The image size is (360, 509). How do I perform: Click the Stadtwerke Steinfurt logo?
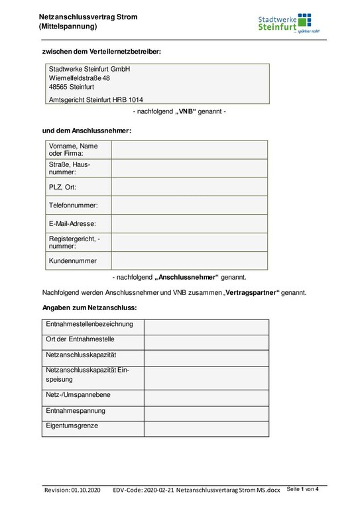284,23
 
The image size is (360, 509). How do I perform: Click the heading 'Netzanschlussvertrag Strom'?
88,17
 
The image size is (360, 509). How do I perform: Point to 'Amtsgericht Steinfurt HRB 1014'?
95,100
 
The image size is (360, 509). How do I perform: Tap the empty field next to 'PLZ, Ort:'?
189,187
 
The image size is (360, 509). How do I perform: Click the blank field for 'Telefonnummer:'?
189,205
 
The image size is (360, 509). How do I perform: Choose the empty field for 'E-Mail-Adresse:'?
189,224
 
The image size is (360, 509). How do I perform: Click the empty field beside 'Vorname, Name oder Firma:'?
189,150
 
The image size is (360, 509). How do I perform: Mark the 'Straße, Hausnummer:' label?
69,168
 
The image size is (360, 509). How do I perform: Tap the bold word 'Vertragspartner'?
253,292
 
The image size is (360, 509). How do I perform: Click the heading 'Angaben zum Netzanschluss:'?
90,308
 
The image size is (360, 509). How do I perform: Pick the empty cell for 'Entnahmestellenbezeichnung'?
206,326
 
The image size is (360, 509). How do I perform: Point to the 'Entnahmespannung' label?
75,412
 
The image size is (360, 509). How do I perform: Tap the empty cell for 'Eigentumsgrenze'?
206,428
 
